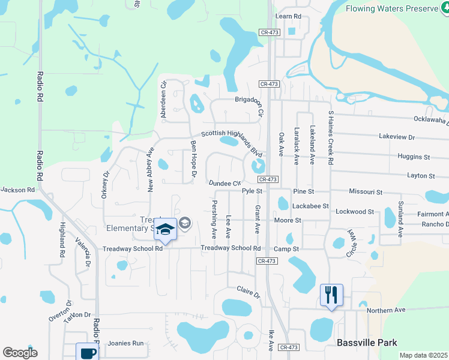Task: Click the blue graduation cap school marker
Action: tap(164, 229)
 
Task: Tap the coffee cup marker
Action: tap(87, 352)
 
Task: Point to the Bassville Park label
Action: tap(367, 343)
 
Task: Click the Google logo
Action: tap(20, 353)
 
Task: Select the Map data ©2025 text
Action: tap(424, 355)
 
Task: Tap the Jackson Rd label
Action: tap(17, 190)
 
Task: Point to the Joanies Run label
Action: tap(125, 344)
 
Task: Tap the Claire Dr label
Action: tap(248, 292)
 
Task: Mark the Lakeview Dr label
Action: tap(397, 137)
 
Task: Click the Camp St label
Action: tap(286, 248)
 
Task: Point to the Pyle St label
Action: tap(252, 191)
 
